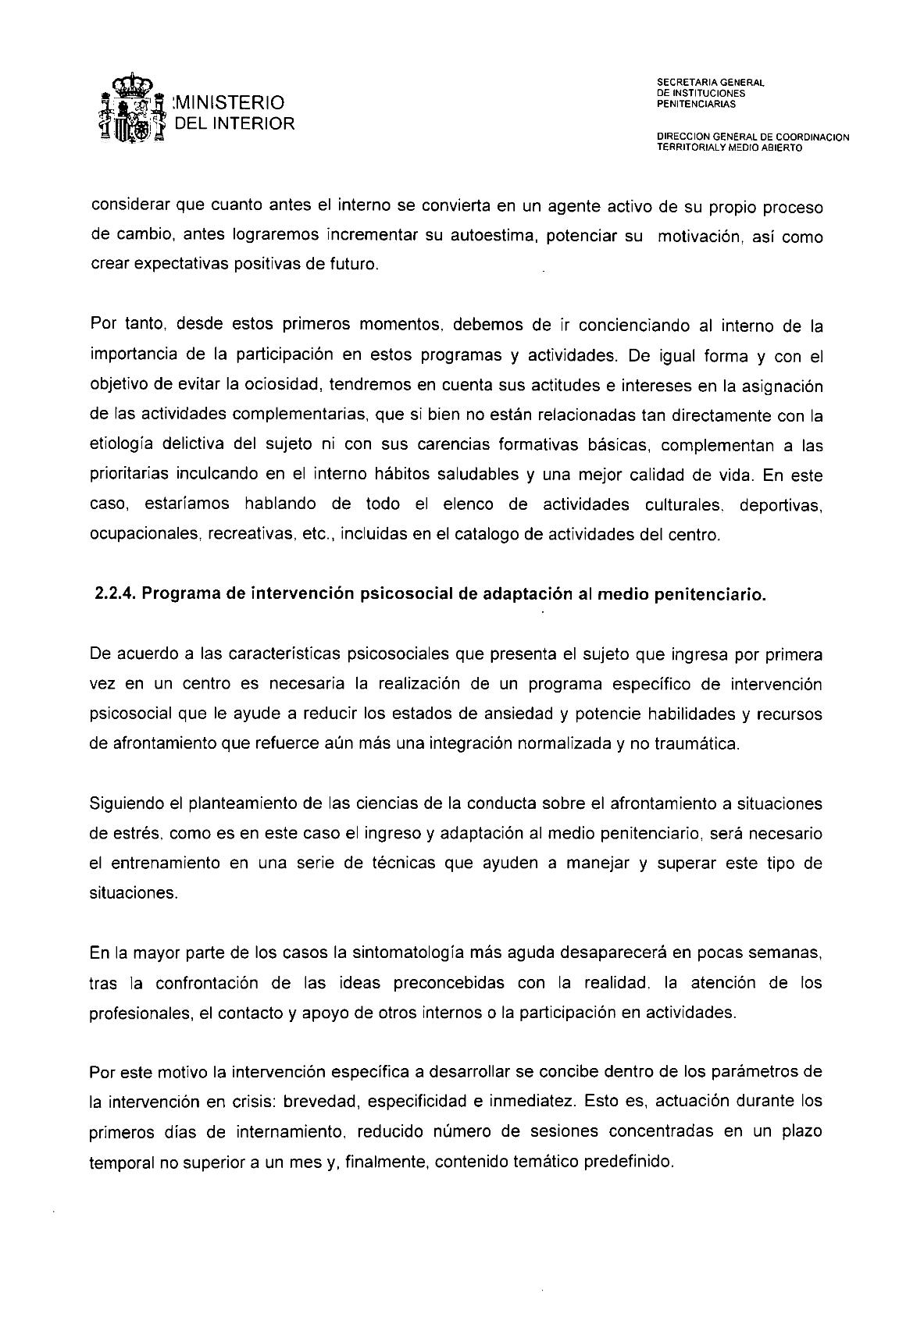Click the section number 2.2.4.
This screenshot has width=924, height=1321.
coord(114,594)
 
